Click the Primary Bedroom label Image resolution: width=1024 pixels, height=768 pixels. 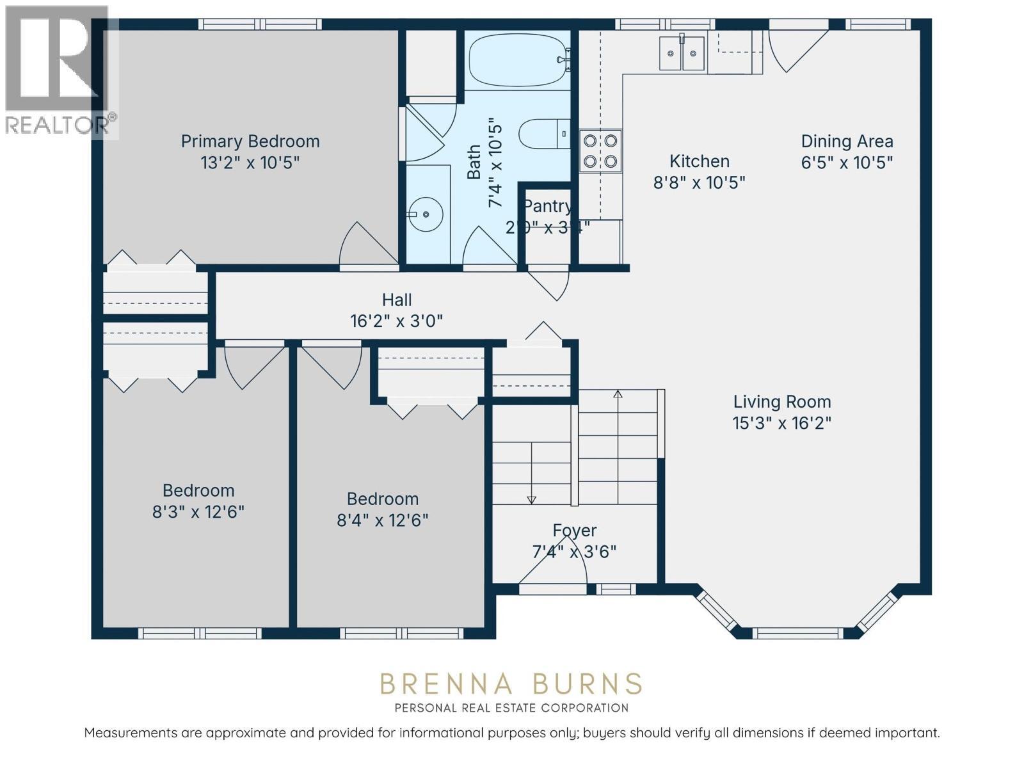(x=250, y=141)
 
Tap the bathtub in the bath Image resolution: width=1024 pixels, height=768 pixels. (x=517, y=60)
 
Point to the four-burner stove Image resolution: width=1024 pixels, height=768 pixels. (x=600, y=151)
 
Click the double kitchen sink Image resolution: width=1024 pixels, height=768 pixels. (x=682, y=53)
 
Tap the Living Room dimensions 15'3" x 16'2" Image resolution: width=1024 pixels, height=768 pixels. (x=781, y=423)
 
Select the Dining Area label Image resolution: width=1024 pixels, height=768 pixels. (x=847, y=141)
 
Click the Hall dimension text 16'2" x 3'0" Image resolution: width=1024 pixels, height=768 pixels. (x=396, y=321)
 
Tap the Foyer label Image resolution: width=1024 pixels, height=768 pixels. (x=575, y=530)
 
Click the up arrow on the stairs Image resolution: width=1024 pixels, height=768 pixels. (x=618, y=394)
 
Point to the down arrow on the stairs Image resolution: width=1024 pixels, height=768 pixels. (x=531, y=500)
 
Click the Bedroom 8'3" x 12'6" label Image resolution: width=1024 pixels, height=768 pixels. (x=198, y=491)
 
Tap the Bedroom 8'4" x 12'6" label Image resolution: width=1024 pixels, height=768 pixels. (x=383, y=499)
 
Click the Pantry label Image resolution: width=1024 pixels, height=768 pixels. (x=547, y=206)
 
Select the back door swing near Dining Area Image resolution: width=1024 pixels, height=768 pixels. (x=794, y=49)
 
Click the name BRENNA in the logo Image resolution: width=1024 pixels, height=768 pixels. (x=446, y=684)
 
